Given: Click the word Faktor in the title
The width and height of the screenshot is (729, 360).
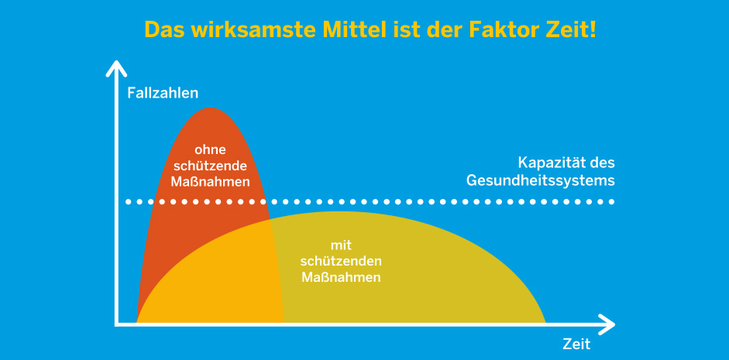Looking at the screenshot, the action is (x=503, y=29).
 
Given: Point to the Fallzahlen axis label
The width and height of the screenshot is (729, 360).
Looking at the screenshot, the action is (x=163, y=93).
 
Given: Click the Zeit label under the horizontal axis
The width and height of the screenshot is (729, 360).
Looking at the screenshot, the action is (x=576, y=345).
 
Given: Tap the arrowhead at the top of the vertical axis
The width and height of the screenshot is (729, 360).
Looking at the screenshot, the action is (x=116, y=68).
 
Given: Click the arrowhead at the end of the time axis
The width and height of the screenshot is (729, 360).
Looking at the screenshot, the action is (x=607, y=324).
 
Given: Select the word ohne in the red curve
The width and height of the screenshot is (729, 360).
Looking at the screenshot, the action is (x=210, y=150).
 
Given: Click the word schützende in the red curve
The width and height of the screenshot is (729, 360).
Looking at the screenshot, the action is (x=210, y=166).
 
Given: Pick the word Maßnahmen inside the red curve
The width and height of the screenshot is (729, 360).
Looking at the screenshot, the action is (x=210, y=181).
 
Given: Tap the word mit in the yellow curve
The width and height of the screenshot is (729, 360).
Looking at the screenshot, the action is (x=341, y=245).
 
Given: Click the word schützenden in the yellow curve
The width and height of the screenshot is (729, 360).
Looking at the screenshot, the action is (x=341, y=261).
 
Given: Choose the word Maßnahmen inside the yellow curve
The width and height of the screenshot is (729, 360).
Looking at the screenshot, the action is (x=341, y=277).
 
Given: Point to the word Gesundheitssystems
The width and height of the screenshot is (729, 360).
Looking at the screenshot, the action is (x=541, y=180).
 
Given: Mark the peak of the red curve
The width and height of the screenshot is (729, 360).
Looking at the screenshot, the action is (x=210, y=108).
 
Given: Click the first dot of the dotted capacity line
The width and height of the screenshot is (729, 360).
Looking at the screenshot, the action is (x=129, y=201).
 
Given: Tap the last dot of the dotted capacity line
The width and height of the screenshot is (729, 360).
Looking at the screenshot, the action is (x=612, y=201).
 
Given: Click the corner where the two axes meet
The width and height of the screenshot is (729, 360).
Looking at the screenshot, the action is (x=116, y=324).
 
